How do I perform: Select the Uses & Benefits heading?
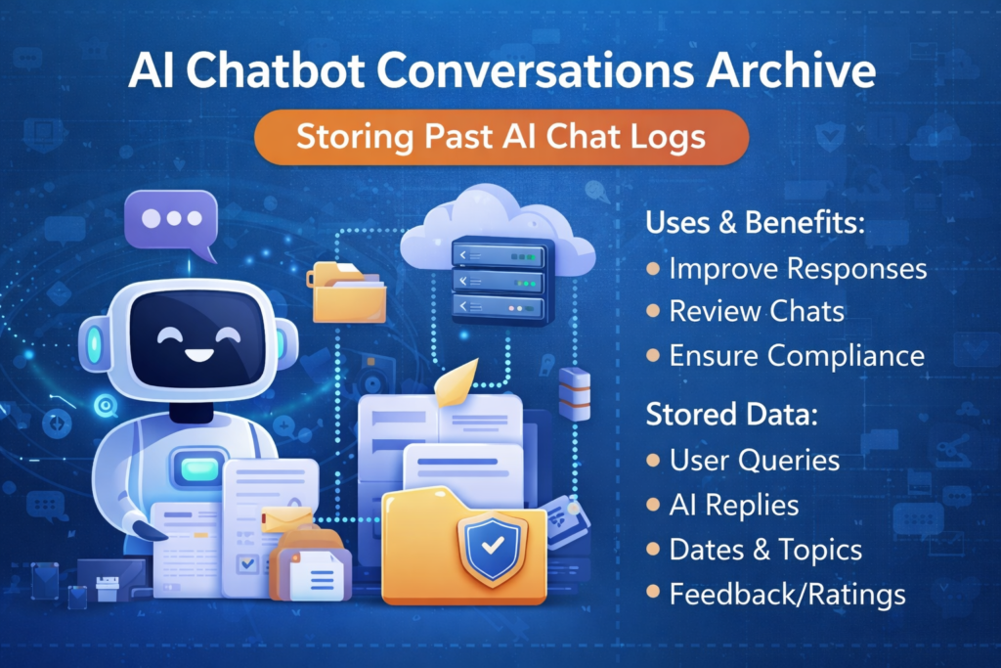755,223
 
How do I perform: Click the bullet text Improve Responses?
798,268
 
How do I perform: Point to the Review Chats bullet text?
757,311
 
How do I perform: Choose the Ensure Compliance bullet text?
797,355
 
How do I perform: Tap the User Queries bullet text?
754,460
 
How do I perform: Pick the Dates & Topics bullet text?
765,550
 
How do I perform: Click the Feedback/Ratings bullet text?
787,594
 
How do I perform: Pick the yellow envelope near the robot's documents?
285,517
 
